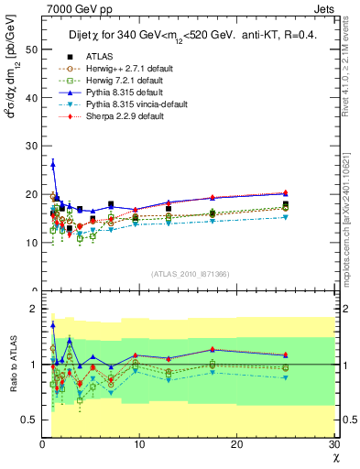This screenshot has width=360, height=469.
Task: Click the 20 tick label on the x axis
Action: (x=236, y=445)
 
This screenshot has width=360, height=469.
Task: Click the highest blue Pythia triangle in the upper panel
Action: (x=53, y=164)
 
